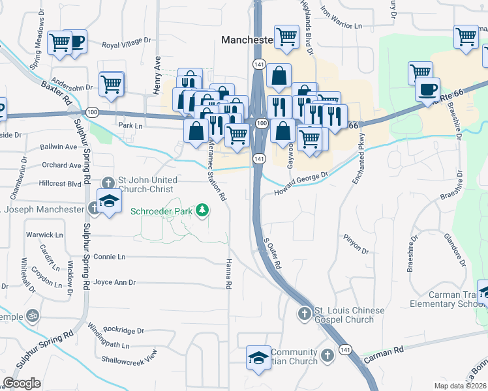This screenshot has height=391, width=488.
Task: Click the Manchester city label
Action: pyautogui.click(x=247, y=40)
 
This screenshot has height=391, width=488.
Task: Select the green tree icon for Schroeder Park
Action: pyautogui.click(x=203, y=209)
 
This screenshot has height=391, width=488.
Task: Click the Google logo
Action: pyautogui.click(x=22, y=383)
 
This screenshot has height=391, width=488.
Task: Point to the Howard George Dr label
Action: pyautogui.click(x=300, y=182)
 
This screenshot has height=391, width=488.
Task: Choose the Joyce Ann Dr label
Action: pyautogui.click(x=114, y=282)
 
